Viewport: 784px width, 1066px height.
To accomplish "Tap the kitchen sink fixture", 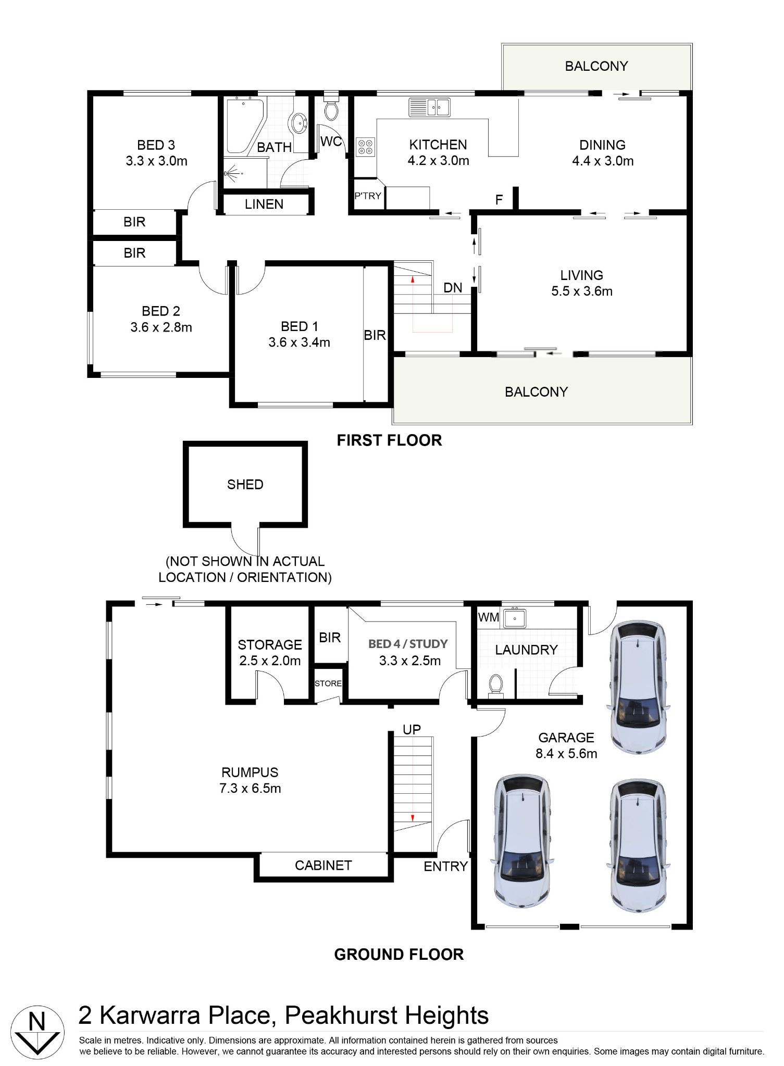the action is (429, 107).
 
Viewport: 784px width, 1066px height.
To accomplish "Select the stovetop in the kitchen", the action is (365, 147).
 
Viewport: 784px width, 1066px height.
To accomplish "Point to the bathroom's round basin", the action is (299, 124).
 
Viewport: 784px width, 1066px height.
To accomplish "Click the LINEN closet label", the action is (264, 205).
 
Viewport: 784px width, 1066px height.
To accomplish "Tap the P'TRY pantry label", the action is (368, 196).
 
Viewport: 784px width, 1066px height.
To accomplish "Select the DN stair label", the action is (453, 288).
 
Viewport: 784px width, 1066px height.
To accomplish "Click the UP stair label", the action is (412, 730).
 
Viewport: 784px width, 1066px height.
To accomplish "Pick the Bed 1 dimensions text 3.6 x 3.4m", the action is (300, 342).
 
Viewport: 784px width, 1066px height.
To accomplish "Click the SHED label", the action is (245, 485).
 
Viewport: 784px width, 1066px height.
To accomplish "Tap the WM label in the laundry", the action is (489, 617).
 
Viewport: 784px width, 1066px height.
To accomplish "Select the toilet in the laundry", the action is (495, 686).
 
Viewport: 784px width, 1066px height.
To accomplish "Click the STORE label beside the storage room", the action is (328, 683).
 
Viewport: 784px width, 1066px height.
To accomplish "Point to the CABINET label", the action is (323, 866).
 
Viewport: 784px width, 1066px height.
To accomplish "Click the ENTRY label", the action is (445, 867).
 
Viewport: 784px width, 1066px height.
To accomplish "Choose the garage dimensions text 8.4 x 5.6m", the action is (566, 753).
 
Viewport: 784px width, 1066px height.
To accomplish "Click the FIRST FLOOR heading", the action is (389, 440).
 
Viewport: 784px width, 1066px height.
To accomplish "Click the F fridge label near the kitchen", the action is (499, 200).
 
